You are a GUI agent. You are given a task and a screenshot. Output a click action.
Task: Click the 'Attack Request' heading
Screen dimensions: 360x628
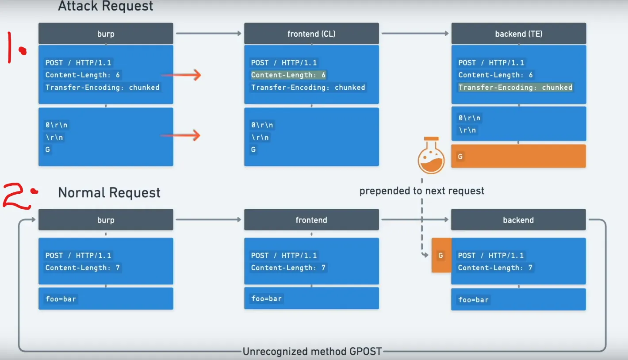click(106, 6)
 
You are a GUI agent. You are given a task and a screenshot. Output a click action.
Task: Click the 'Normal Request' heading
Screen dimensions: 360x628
click(109, 193)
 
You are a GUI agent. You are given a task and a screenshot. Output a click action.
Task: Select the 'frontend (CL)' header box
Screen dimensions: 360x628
click(311, 34)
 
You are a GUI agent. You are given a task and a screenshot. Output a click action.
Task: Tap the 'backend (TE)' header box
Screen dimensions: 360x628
click(518, 34)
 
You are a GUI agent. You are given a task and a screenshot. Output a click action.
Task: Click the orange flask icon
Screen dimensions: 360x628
click(431, 156)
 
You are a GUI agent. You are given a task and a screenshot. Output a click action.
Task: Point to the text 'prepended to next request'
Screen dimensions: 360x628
click(421, 191)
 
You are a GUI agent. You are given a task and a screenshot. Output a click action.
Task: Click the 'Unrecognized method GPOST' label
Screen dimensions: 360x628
click(312, 352)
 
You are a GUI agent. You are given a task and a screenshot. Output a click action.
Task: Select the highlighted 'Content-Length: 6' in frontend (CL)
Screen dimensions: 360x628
click(288, 75)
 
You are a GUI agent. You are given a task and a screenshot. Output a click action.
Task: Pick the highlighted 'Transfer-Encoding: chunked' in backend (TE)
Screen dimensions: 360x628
click(515, 88)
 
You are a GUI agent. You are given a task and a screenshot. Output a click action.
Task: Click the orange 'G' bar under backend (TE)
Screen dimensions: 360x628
click(518, 156)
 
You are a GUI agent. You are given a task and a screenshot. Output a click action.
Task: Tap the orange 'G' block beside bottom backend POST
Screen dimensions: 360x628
click(441, 256)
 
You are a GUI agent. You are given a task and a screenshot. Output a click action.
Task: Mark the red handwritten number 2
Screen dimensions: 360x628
click(18, 195)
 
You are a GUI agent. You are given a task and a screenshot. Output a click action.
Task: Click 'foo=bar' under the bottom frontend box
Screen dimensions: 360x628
click(266, 299)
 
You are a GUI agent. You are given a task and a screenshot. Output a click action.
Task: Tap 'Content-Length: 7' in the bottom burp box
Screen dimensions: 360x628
click(82, 268)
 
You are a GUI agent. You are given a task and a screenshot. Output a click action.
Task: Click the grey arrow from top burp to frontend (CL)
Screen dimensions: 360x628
click(208, 34)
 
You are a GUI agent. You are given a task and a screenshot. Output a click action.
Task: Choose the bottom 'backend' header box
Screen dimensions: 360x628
click(518, 220)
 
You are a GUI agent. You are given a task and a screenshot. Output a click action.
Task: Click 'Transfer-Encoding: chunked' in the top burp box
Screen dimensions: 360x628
click(102, 88)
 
